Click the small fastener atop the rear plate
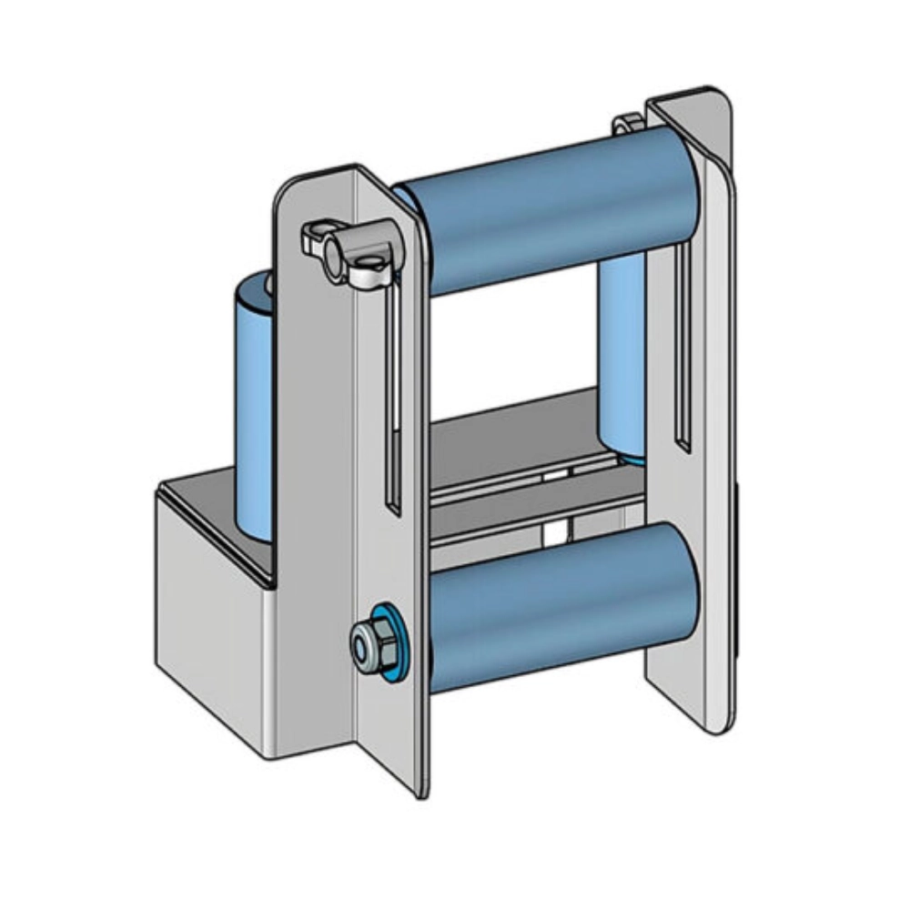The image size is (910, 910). (x=627, y=123)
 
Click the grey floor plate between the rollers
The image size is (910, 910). (x=510, y=437)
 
